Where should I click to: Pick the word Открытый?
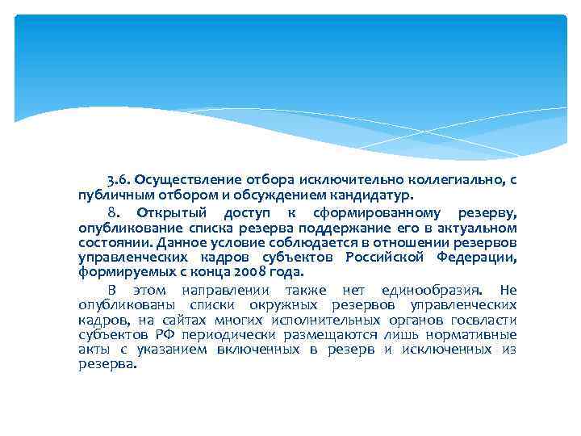click(172, 213)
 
